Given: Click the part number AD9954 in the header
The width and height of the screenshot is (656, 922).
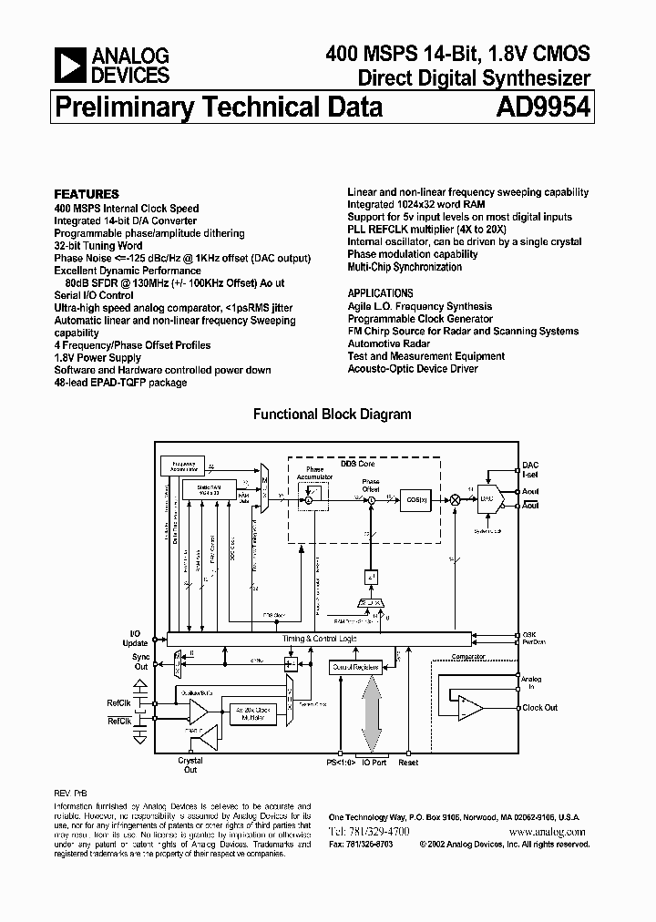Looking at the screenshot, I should pyautogui.click(x=544, y=108).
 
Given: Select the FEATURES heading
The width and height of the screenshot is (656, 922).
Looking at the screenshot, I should pyautogui.click(x=87, y=194).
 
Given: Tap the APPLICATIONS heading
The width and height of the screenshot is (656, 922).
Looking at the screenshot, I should pyautogui.click(x=380, y=293).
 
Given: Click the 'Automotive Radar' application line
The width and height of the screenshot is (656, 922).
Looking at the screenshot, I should pyautogui.click(x=389, y=343).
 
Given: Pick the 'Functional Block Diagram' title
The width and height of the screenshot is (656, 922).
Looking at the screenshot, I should pyautogui.click(x=332, y=415).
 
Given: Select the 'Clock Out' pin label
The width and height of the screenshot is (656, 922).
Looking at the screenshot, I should pyautogui.click(x=539, y=708).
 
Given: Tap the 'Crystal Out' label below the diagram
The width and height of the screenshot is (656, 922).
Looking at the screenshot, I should pyautogui.click(x=190, y=765).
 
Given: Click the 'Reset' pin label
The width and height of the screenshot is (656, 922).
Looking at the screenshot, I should pyautogui.click(x=408, y=762).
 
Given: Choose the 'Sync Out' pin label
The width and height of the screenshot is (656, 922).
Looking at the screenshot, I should pyautogui.click(x=140, y=661).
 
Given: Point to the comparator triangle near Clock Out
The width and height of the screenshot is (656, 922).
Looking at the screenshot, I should pyautogui.click(x=470, y=702).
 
